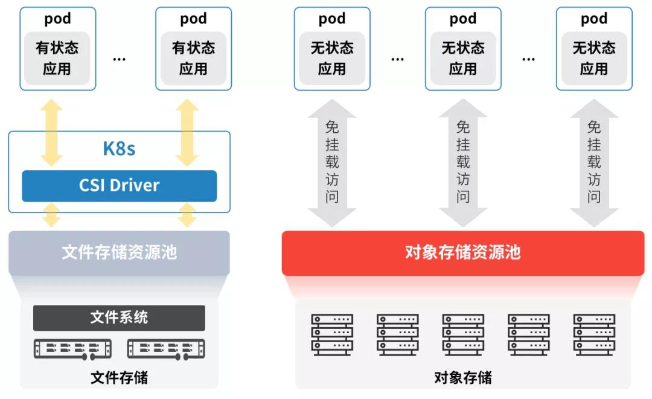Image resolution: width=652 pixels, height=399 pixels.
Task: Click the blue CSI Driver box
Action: click(119, 185)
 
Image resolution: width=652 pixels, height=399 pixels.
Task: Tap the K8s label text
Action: click(119, 148)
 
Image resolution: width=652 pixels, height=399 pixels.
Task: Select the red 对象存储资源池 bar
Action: click(462, 252)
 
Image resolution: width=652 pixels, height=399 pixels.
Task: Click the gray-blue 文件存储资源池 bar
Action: click(119, 252)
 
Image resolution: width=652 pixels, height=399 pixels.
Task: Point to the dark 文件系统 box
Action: click(119, 318)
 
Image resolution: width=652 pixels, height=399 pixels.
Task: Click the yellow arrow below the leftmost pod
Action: click(51, 133)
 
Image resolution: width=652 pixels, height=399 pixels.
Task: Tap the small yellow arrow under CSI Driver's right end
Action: click(188, 215)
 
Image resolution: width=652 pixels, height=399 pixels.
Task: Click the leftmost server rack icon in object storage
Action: click(331, 334)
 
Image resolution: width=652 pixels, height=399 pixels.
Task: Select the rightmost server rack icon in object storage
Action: click(594, 334)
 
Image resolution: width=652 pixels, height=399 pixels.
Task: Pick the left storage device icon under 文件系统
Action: click(72, 348)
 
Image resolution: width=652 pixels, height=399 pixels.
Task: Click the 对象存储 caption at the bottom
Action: click(462, 378)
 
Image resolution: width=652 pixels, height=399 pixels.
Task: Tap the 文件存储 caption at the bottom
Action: click(119, 378)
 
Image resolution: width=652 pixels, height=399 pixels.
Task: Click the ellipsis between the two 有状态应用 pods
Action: click(119, 59)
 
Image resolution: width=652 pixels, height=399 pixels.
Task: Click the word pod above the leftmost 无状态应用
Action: click(331, 19)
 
